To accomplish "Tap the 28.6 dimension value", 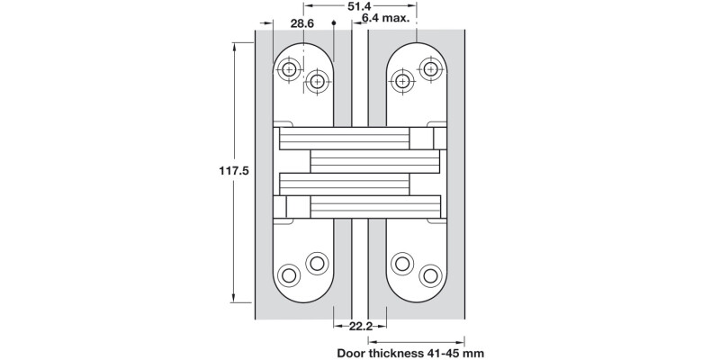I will tap(301, 24).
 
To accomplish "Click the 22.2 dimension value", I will tap(360, 326).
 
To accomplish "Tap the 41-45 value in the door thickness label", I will tap(455, 354).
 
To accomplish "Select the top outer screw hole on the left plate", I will tap(288, 70).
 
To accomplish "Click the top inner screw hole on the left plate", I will tap(316, 82).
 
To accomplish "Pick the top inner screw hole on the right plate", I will tap(402, 82).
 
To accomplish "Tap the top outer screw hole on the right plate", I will tap(431, 70).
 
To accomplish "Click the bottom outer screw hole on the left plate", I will tap(288, 274).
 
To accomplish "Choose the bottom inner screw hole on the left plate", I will tap(316, 263).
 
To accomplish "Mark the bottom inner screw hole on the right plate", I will tap(402, 263).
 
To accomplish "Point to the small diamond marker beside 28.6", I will tap(333, 25).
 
